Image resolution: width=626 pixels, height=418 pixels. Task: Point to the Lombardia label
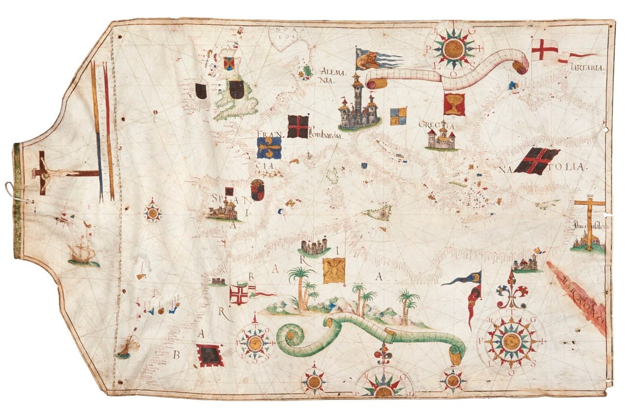click(324, 136)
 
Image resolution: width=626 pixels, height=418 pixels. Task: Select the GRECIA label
click(436, 125)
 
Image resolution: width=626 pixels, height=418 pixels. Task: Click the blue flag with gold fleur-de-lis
click(269, 148)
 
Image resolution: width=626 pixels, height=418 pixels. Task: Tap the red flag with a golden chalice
click(454, 104)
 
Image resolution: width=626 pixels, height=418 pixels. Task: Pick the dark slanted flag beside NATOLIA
click(537, 161)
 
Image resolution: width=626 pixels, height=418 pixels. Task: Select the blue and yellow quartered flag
click(398, 116)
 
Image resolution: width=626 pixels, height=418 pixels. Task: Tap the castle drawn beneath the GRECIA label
click(441, 138)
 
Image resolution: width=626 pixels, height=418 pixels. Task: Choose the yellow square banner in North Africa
click(334, 270)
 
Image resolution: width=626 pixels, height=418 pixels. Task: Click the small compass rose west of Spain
click(153, 213)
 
